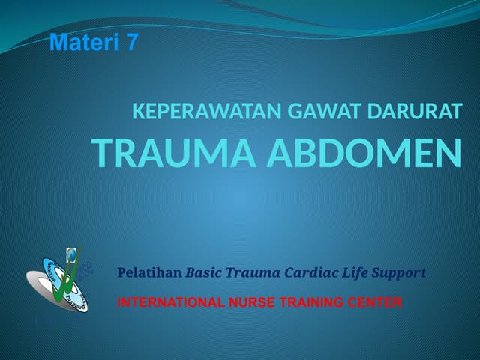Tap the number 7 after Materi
(x=132, y=43)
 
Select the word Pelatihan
(x=149, y=273)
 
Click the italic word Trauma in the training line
(x=255, y=273)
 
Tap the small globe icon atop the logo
(x=71, y=253)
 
